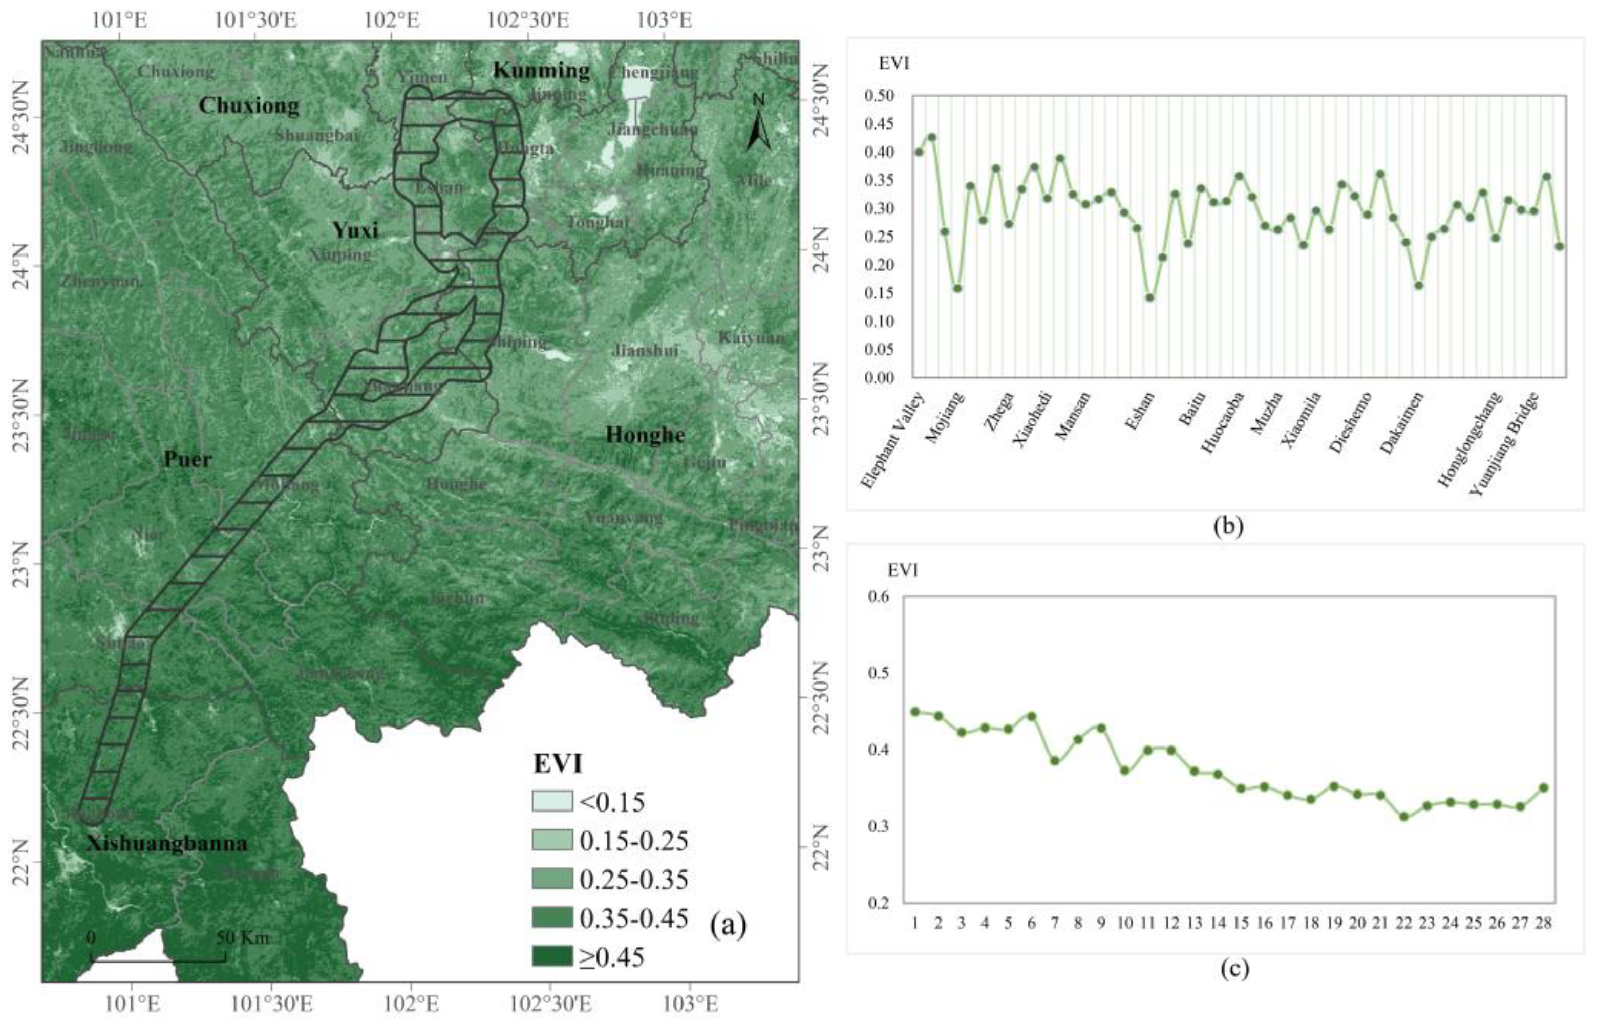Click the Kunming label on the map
click(541, 70)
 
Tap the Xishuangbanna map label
click(166, 843)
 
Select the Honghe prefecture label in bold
click(645, 435)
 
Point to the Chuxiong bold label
click(249, 105)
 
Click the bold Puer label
click(187, 459)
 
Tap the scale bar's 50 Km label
click(243, 938)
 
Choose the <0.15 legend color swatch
click(551, 801)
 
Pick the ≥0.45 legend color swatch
click(551, 956)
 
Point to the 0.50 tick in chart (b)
click(879, 96)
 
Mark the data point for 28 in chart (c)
click(1544, 787)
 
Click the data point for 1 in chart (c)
click(915, 712)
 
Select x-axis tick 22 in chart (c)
click(1403, 923)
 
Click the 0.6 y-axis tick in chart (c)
click(880, 596)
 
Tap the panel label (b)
click(1228, 526)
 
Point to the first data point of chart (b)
click(919, 152)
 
